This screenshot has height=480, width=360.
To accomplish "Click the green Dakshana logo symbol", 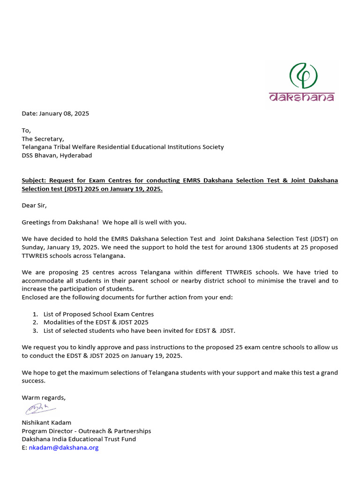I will click(x=303, y=76).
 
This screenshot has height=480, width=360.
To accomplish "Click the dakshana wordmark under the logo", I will click(x=301, y=97).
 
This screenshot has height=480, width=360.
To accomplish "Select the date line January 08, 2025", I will click(x=55, y=113).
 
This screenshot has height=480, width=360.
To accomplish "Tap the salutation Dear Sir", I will click(x=34, y=205).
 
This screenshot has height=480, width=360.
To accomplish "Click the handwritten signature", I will click(x=39, y=410).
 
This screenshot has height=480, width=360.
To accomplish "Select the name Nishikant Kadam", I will click(x=46, y=422).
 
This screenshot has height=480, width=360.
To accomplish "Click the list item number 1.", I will click(x=35, y=314).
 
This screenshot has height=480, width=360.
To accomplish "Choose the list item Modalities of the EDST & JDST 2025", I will click(x=96, y=322).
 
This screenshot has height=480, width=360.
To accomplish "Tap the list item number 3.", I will click(x=35, y=331).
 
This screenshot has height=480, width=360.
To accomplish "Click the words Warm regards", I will click(x=44, y=397).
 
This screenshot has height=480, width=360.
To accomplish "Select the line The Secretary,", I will click(x=43, y=139).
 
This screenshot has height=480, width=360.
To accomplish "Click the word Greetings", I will click(x=36, y=222).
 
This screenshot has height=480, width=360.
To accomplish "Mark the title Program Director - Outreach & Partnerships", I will click(x=86, y=431).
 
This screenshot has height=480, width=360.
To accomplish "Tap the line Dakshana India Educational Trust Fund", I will click(x=79, y=439).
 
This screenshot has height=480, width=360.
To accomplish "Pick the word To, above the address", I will click(x=26, y=130).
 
